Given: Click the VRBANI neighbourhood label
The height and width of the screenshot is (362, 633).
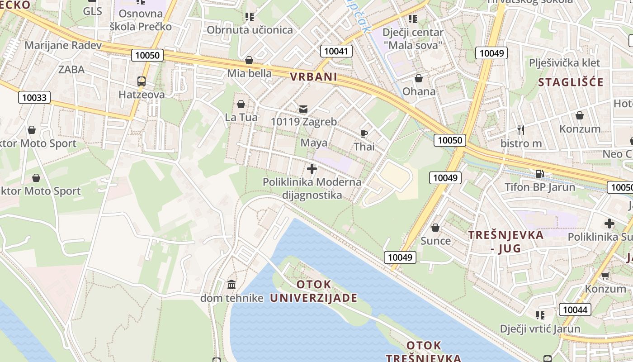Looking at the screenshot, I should click(314, 77).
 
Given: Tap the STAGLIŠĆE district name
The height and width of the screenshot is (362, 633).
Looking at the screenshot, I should click(571, 82).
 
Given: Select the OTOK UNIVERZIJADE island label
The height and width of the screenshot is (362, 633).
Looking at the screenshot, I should click(314, 291).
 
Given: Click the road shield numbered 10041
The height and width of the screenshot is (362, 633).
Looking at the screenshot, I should click(336, 51).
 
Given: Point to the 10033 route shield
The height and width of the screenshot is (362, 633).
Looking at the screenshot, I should click(34, 97).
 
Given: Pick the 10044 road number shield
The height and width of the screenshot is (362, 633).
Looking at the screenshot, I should click(575, 310).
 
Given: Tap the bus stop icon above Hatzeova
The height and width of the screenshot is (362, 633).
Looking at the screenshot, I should click(142, 81).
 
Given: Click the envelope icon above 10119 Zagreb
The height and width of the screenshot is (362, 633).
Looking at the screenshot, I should click(303, 109).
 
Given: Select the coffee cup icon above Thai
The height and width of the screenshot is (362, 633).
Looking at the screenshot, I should click(364, 133).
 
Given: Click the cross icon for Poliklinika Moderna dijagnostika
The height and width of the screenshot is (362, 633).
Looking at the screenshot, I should click(312, 169).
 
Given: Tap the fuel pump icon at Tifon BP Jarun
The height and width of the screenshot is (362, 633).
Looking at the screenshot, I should click(539, 173).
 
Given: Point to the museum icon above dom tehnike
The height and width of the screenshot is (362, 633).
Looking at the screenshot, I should click(231, 285).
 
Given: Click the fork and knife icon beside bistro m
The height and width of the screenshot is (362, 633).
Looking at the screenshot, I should click(521, 130).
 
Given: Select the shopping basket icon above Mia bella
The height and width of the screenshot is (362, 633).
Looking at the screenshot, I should click(249, 60).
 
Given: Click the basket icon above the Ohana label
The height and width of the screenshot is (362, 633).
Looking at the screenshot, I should click(419, 78).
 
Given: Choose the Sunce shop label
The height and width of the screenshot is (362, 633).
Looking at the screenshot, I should click(435, 241).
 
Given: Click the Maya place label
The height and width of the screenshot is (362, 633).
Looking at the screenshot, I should click(314, 143).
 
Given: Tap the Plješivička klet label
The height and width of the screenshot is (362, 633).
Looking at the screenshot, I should click(565, 63).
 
